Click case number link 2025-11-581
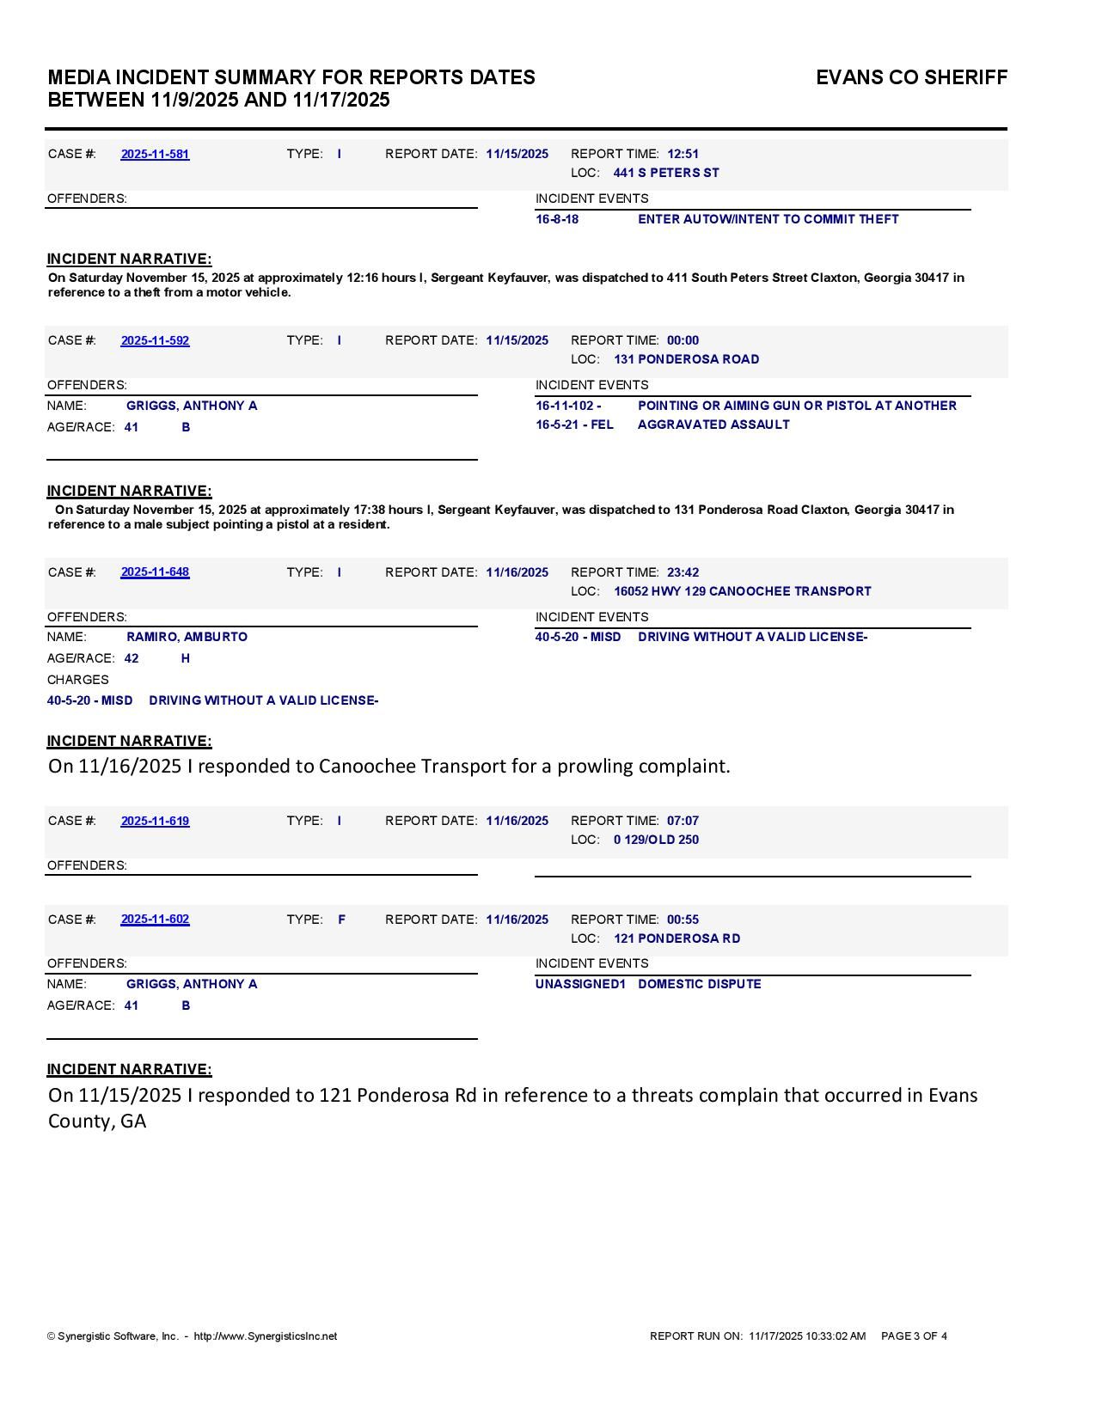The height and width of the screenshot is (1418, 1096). coord(155,154)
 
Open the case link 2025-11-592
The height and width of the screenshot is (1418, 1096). coord(155,340)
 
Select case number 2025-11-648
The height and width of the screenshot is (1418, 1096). coord(155,572)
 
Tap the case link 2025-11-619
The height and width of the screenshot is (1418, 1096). coord(155,821)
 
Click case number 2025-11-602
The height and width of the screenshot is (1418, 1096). coord(155,920)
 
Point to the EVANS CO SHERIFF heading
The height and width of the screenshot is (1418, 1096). coord(911,77)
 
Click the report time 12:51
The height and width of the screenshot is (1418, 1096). coord(683,154)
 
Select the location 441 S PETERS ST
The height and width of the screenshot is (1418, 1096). coord(666,173)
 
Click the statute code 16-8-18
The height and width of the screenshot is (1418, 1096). coord(557,219)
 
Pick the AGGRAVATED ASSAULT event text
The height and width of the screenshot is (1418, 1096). coord(713,425)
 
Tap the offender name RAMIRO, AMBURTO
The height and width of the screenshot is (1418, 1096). coord(187,637)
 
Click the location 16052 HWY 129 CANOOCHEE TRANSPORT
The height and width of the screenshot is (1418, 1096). coord(742,591)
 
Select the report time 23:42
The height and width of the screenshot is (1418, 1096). coord(683,572)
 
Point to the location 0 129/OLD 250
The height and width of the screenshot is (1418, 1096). coord(656,840)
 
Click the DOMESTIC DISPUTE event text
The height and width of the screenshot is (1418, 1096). coord(699,984)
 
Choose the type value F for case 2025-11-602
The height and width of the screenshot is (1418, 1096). coord(341,920)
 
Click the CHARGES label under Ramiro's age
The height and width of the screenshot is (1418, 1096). coord(77,680)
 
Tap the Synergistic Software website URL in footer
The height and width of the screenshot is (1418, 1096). coord(265,1336)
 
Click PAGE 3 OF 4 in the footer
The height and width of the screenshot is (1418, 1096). coord(914,1336)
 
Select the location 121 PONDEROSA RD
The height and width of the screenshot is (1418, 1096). coord(677,938)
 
